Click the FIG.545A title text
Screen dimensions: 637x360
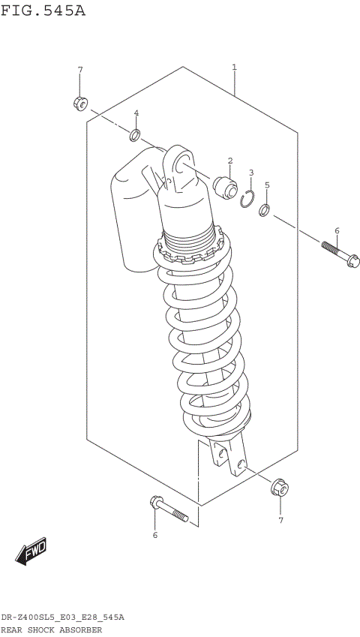(x=43, y=11)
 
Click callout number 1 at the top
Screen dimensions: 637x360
(x=234, y=68)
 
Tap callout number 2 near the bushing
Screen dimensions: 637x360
(x=230, y=161)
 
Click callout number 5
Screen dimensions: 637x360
(x=266, y=185)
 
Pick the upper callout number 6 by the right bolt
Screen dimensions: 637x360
(x=337, y=230)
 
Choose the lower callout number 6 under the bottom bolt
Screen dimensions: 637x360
(x=155, y=535)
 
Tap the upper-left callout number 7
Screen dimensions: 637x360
(x=80, y=71)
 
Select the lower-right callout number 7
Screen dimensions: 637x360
(x=281, y=520)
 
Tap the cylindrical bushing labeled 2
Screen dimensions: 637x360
(x=225, y=186)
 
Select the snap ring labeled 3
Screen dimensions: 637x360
(x=248, y=198)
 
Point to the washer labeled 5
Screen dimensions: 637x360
(x=265, y=210)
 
